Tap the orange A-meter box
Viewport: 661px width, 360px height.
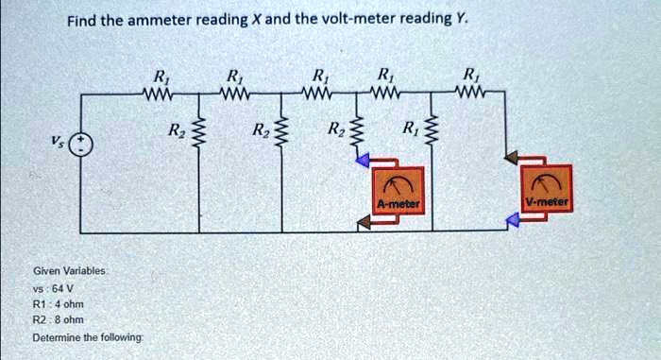click(x=398, y=191)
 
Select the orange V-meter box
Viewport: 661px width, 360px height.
click(x=547, y=188)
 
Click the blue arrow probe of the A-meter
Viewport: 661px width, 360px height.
click(x=363, y=160)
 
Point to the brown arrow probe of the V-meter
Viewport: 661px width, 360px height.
click(x=512, y=158)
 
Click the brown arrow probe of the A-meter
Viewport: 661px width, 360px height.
click(x=364, y=221)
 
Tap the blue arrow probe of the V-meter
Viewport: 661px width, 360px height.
click(x=513, y=219)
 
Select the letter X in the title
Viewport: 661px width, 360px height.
click(x=256, y=20)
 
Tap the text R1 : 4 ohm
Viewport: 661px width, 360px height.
click(x=59, y=304)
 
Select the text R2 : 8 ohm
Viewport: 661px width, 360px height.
click(x=59, y=320)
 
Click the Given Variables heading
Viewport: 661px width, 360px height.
click(x=69, y=271)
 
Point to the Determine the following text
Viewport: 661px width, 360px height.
click(x=88, y=337)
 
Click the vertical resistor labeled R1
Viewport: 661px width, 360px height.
click(x=431, y=128)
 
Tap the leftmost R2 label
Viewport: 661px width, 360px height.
click(x=174, y=129)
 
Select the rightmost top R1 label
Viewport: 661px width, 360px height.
click(x=468, y=76)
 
